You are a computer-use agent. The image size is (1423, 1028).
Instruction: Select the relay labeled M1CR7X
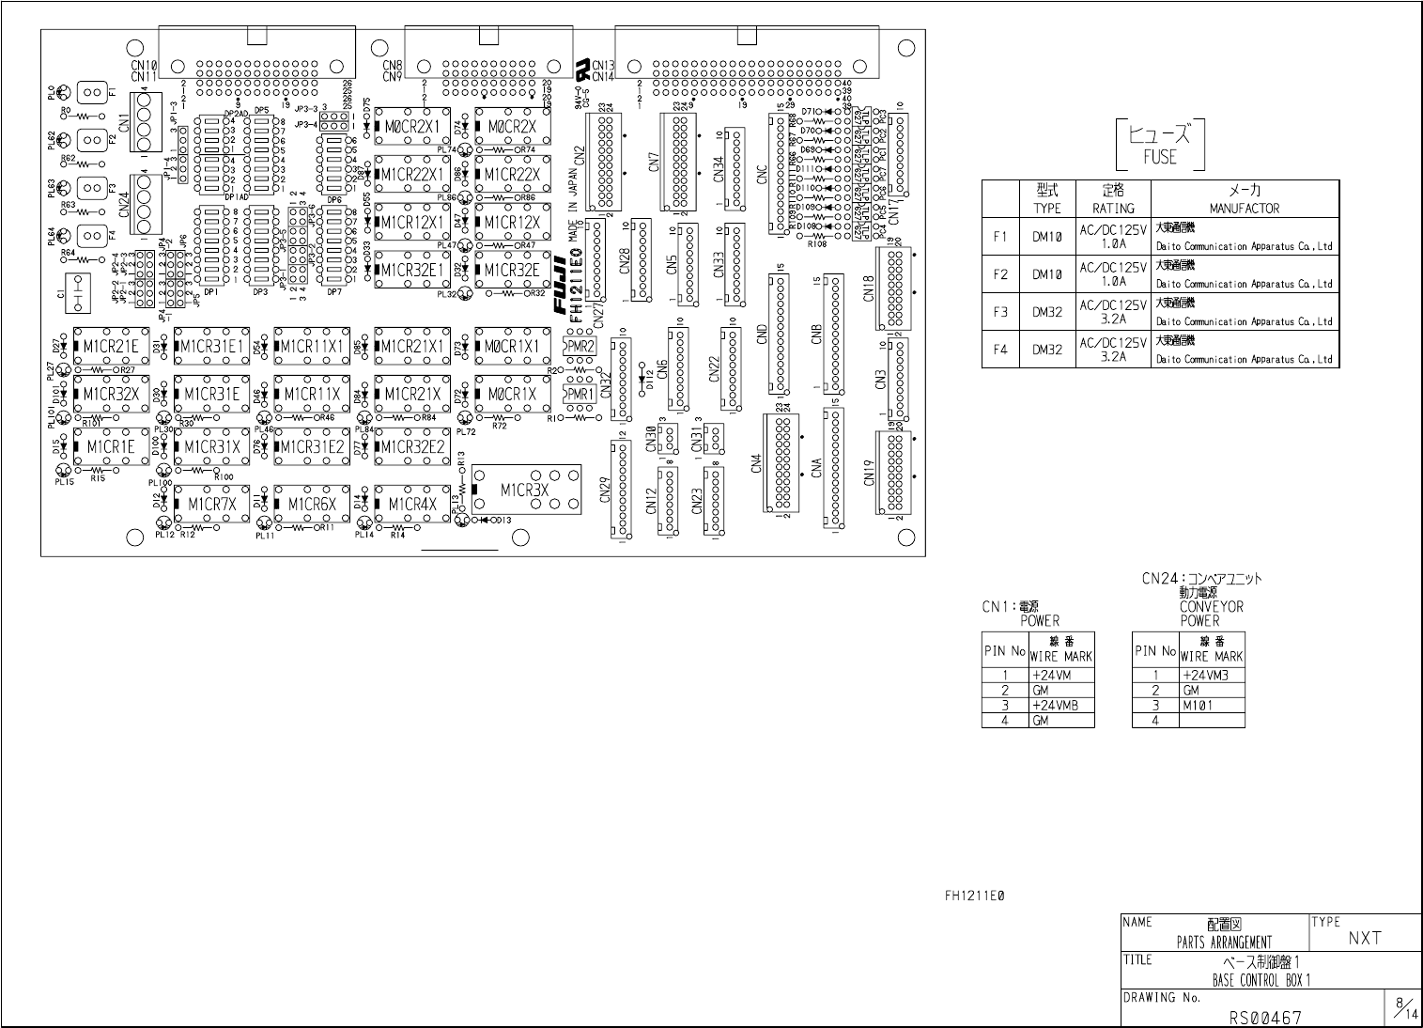click(211, 504)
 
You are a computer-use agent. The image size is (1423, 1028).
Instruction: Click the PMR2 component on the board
click(580, 347)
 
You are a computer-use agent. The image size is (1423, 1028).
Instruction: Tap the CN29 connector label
click(606, 491)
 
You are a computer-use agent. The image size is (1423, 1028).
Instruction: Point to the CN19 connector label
click(869, 474)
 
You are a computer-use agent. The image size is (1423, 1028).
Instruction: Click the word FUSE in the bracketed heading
click(1159, 156)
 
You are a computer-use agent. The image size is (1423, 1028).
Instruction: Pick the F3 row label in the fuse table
click(1000, 312)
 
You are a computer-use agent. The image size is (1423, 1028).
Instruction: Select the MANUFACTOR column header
click(1244, 209)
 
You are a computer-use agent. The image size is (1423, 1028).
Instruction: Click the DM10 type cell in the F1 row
click(1047, 237)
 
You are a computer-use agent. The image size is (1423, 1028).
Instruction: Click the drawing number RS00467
click(1265, 1017)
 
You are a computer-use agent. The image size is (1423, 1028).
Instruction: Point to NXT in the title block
click(1365, 937)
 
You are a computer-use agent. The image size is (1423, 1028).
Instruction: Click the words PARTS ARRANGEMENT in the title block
click(1224, 942)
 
